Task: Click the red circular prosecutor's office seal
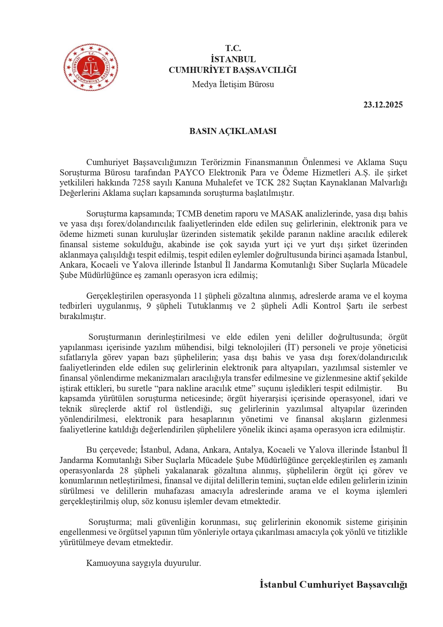pyautogui.click(x=91, y=67)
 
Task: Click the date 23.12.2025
pyautogui.click(x=383, y=105)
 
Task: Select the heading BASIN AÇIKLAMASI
pyautogui.click(x=233, y=131)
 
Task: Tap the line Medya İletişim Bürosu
pyautogui.click(x=233, y=84)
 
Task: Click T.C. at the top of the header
pyautogui.click(x=233, y=48)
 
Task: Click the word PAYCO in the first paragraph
pyautogui.click(x=189, y=173)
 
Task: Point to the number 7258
pyautogui.click(x=141, y=183)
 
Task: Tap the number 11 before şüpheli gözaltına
pyautogui.click(x=198, y=296)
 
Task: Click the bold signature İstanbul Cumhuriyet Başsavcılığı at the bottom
pyautogui.click(x=333, y=584)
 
